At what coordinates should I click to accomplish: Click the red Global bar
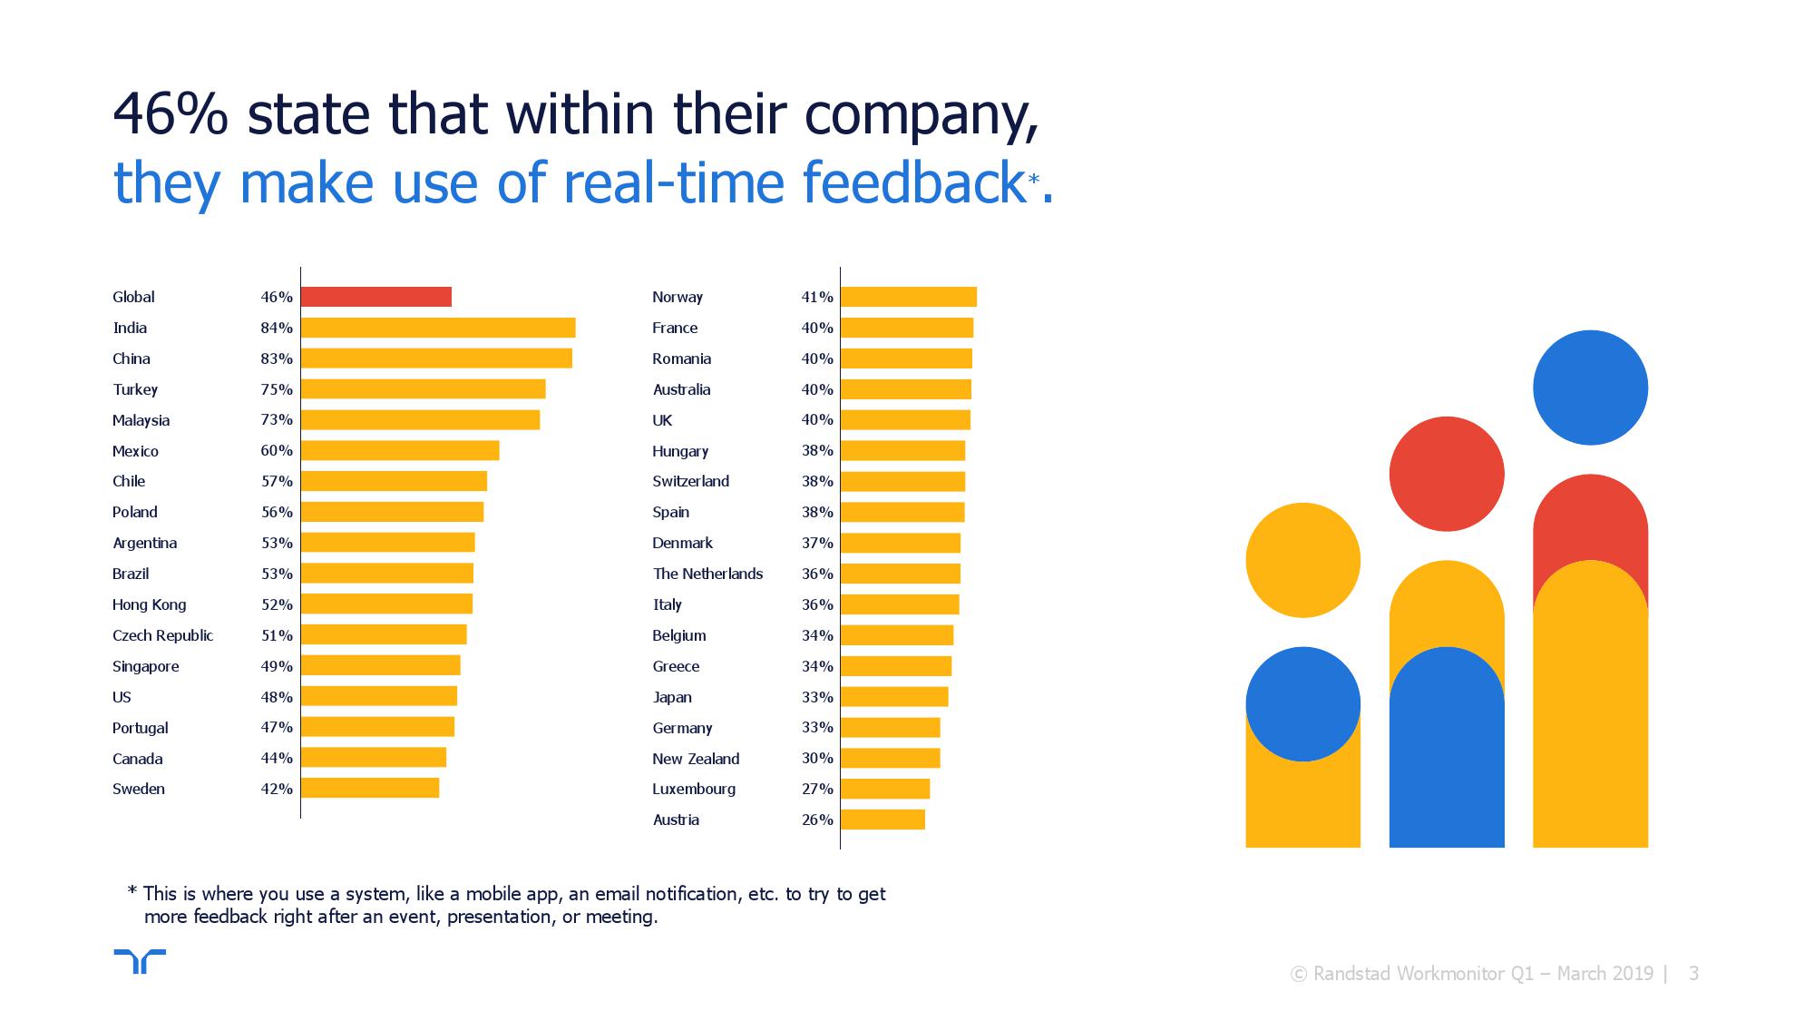(375, 297)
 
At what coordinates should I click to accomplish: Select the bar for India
(438, 328)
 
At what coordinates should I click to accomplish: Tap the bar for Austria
(883, 820)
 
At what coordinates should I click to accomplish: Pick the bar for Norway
(909, 297)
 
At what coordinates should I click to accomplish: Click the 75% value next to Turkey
(277, 389)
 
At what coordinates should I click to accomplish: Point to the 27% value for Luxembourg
(816, 789)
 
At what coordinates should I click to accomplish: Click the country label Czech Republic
(162, 635)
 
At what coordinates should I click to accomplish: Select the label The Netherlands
(707, 574)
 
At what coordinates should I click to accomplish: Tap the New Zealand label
(696, 759)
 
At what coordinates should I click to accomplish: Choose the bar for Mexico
(400, 451)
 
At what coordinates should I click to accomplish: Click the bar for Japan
(894, 697)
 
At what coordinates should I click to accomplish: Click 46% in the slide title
(170, 114)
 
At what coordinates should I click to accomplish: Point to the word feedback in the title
(914, 182)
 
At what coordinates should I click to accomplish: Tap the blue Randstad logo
(140, 961)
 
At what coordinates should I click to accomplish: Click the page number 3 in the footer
(1693, 974)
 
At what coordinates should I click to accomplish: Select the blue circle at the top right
(1590, 388)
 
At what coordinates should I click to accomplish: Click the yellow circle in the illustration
(1302, 560)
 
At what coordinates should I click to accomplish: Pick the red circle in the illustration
(1447, 474)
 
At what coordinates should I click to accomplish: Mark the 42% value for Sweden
(277, 789)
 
